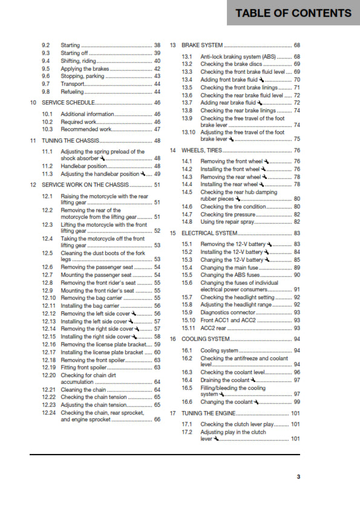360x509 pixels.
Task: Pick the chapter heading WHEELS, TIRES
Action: click(x=203, y=150)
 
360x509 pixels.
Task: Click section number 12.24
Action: click(x=49, y=412)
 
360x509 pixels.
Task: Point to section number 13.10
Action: click(x=189, y=132)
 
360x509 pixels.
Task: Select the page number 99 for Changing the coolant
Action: click(x=296, y=401)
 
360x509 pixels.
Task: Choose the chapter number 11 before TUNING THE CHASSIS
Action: click(x=33, y=140)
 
